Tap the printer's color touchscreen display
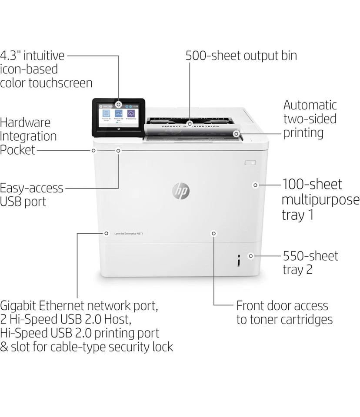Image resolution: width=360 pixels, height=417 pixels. (x=117, y=116)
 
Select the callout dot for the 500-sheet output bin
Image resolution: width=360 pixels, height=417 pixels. (x=189, y=124)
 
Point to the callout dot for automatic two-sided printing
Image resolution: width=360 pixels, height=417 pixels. (x=236, y=134)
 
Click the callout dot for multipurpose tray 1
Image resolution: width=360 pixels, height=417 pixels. (x=255, y=185)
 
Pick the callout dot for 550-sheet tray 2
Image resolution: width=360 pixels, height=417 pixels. (x=250, y=256)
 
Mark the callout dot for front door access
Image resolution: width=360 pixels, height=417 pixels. (x=213, y=233)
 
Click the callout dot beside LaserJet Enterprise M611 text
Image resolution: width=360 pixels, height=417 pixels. (x=106, y=233)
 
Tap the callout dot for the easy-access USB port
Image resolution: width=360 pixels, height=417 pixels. (x=118, y=150)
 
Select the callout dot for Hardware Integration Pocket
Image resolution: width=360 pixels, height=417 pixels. (x=93, y=150)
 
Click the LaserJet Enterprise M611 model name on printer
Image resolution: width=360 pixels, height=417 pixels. (x=128, y=234)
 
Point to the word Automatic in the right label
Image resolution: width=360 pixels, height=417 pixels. (x=310, y=105)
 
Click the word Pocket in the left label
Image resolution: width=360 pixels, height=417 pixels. (x=17, y=150)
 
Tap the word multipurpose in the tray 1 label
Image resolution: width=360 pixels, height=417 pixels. (x=320, y=200)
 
